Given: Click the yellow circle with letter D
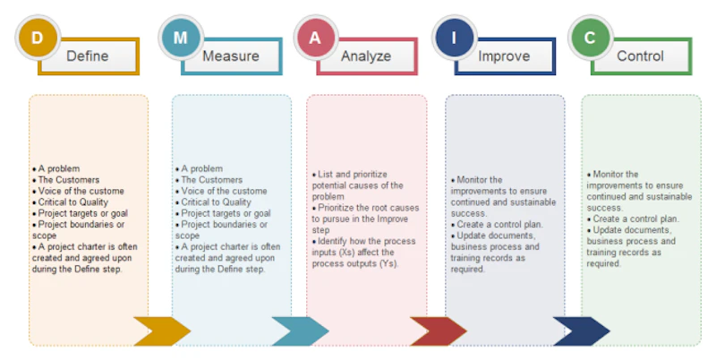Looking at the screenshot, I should click(37, 38).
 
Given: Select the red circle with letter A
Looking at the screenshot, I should click(315, 38).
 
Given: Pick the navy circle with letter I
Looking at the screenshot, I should click(454, 38).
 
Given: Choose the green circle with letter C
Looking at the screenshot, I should click(590, 38).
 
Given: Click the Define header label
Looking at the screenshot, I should click(88, 56).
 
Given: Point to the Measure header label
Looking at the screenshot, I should click(230, 56).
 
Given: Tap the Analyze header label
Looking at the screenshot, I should click(366, 56).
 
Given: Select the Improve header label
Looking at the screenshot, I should click(503, 56).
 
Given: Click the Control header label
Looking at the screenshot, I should click(640, 56).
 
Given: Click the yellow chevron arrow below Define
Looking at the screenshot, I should click(162, 330).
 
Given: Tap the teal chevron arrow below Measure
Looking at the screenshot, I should click(300, 330).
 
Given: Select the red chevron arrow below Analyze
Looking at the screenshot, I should click(438, 330).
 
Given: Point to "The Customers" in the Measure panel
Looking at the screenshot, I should click(212, 180).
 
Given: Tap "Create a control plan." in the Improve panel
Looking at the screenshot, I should click(497, 225).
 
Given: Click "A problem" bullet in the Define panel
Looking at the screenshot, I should click(59, 168).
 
